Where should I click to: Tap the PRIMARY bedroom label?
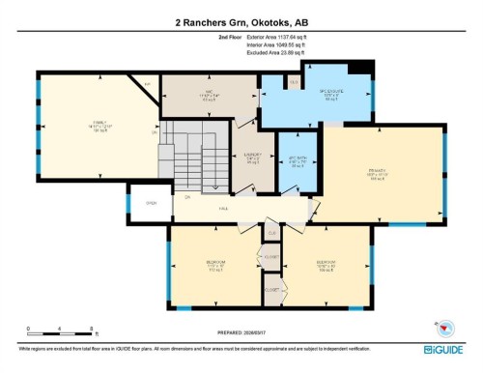point(377,175)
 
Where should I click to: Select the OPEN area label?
point(151,203)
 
